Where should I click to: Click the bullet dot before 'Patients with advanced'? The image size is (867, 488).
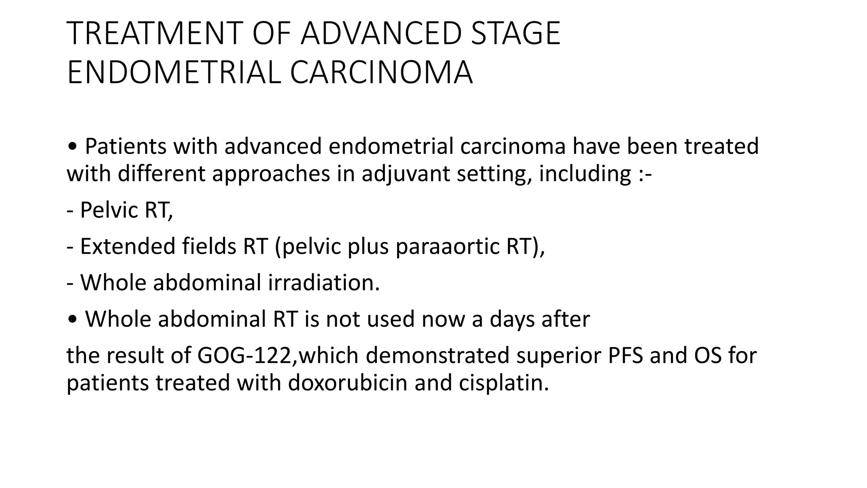point(72,147)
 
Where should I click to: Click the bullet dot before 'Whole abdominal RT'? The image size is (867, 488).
point(72,320)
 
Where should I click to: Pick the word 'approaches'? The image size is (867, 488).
point(271,174)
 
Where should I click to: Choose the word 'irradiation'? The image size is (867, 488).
point(323,283)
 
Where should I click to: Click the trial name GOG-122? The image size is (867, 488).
point(245,355)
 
